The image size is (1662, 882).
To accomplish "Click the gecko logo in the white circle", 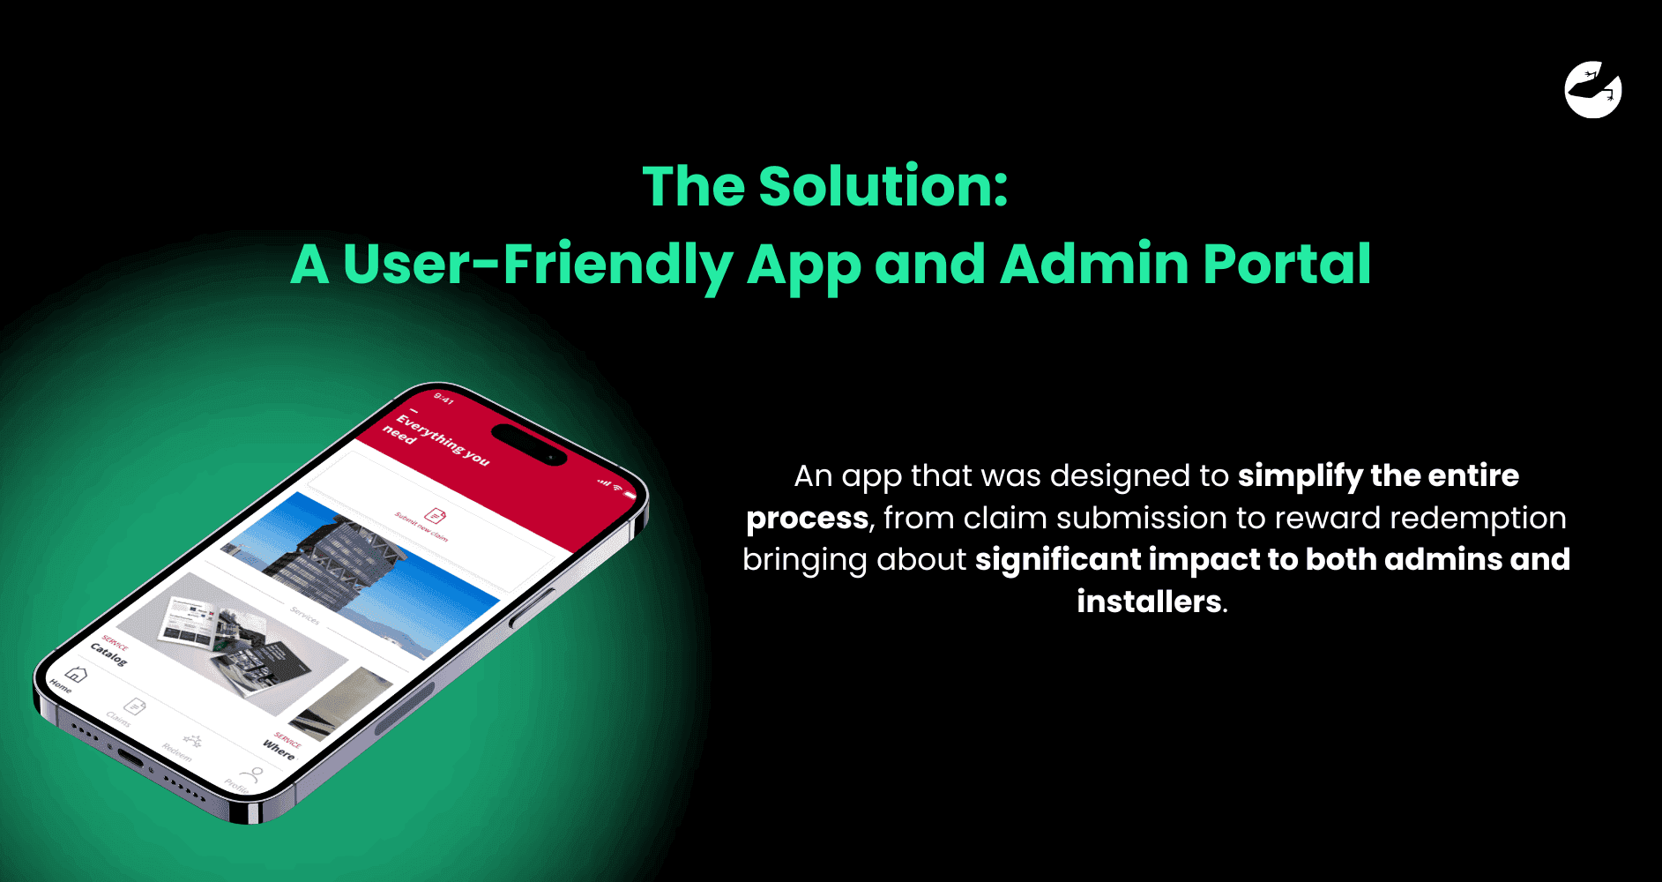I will pyautogui.click(x=1593, y=89).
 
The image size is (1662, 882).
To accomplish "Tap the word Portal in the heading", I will pyautogui.click(x=1286, y=264).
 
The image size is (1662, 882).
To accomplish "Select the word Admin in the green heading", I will pyautogui.click(x=1094, y=264).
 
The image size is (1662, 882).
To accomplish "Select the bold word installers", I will pyautogui.click(x=1149, y=602).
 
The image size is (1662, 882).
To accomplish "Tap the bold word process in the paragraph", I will pyautogui.click(x=807, y=518).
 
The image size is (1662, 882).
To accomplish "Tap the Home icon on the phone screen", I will pyautogui.click(x=77, y=675).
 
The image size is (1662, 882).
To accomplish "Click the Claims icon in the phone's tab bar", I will pyautogui.click(x=135, y=706).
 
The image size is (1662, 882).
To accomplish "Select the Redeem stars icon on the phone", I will pyautogui.click(x=192, y=740).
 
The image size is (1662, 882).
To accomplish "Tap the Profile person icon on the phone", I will pyautogui.click(x=253, y=774).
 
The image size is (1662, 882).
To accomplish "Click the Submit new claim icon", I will pyautogui.click(x=436, y=514).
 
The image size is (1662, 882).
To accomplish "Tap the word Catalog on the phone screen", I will pyautogui.click(x=108, y=654).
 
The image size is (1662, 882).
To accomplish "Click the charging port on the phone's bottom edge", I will pyautogui.click(x=130, y=759).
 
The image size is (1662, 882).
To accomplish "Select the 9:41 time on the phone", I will pyautogui.click(x=443, y=400).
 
